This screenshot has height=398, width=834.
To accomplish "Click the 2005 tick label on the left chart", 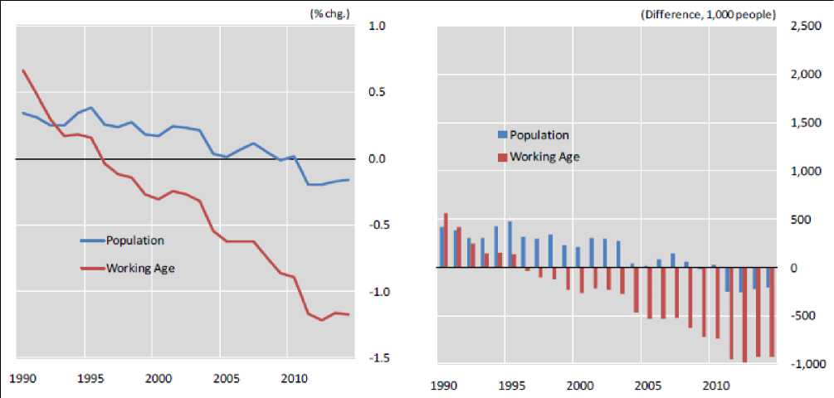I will [226, 379].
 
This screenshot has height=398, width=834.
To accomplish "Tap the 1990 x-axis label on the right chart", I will [445, 386].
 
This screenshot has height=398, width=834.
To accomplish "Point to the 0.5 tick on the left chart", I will [377, 92].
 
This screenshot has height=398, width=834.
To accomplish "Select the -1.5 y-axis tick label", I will [376, 358].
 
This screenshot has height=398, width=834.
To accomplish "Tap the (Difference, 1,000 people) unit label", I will [708, 14].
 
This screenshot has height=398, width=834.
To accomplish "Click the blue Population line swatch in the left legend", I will [91, 240].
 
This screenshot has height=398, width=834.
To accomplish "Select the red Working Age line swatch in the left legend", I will [91, 268].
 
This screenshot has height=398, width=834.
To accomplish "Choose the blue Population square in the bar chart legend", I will [501, 135].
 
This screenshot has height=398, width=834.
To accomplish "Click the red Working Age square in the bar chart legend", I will [501, 157].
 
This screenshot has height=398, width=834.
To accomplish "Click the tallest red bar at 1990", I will [446, 240].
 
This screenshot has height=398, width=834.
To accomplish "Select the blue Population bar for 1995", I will [510, 245].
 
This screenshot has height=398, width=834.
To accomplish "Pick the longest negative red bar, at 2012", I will [745, 315].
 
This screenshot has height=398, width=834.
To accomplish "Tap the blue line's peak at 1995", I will [90, 108].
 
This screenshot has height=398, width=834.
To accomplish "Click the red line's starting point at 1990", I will [23, 70].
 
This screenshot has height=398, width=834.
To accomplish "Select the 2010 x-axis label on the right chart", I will [715, 386].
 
